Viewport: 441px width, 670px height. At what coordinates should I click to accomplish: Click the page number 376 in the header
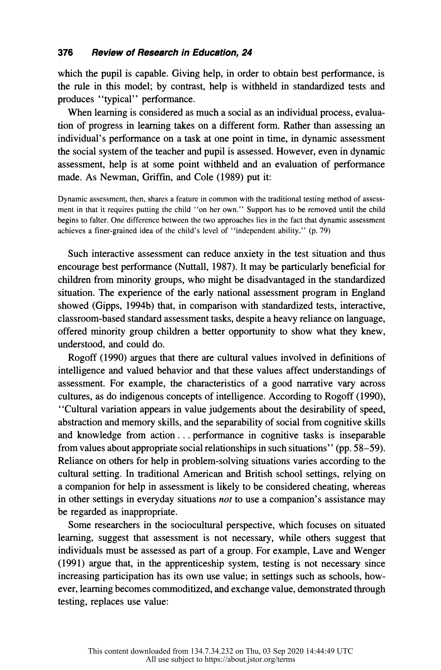click(65, 53)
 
